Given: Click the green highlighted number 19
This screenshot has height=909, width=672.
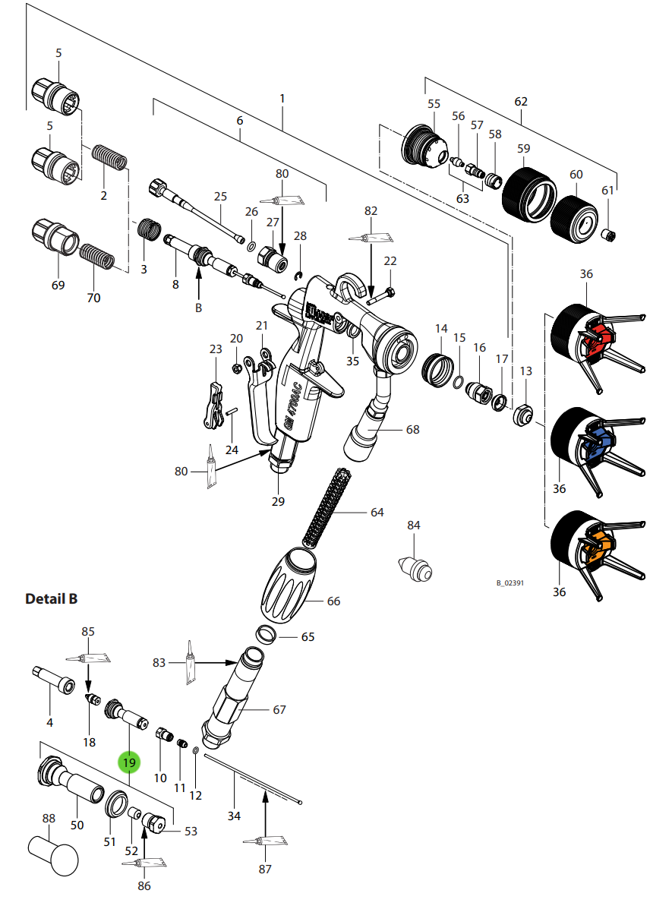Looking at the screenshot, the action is click(x=129, y=762).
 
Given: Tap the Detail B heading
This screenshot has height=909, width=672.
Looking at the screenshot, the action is click(x=51, y=599).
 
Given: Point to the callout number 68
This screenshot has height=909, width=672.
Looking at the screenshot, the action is click(x=412, y=430).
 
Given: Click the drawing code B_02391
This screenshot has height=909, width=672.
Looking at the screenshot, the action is click(x=510, y=582).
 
